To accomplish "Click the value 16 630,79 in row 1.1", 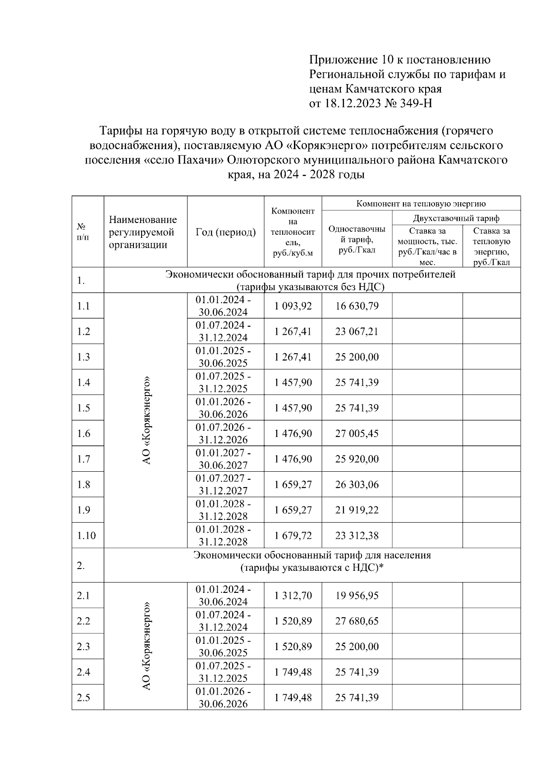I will point(357,306).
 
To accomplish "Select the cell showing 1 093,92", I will point(293,306).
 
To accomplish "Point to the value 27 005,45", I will point(357,434).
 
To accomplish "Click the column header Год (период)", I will point(225,232).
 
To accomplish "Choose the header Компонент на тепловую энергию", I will point(421,204).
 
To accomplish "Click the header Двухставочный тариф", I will point(456,219).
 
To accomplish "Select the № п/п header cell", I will point(83,232).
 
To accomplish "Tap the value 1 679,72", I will point(293,536).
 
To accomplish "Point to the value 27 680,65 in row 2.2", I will point(357,621).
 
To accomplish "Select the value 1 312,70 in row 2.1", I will point(293,596).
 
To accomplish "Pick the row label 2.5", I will point(83,698).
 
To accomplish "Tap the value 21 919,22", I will point(357,510).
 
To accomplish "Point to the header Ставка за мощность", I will point(427,246).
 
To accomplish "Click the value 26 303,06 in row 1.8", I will point(357,485).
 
